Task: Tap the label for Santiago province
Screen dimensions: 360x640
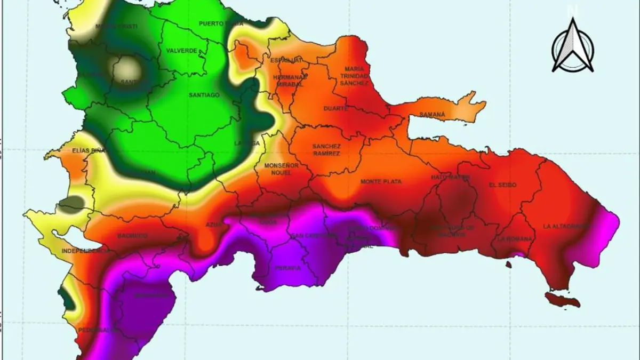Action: point(204,95)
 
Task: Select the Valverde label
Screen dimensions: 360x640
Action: point(182,51)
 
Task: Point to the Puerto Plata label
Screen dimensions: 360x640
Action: point(221,24)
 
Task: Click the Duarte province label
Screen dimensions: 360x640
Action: point(336,108)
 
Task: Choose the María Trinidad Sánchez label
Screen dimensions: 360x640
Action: point(354,76)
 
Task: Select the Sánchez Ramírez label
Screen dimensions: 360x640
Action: point(326,150)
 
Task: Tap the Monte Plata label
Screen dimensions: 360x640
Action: point(381,182)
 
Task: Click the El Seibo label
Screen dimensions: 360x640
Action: point(502,185)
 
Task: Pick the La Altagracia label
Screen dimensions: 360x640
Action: point(565,226)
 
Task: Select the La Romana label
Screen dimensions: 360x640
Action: point(515,239)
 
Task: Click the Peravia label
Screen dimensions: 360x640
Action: point(288,268)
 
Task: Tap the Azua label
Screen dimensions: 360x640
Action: point(213,225)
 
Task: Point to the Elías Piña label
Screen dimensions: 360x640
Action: point(89,151)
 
